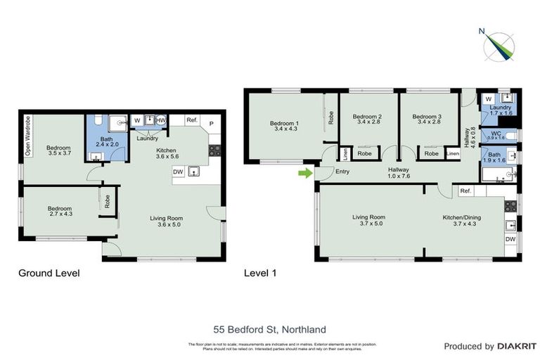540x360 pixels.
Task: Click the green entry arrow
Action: coord(304,172)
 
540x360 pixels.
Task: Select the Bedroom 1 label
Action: coord(285,127)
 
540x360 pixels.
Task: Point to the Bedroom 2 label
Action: coord(367,120)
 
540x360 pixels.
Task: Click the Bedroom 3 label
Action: coord(427,120)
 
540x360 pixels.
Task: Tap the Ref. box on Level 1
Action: coord(465,191)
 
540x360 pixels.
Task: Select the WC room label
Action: coord(496,134)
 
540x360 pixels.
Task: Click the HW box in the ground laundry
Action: coord(161,120)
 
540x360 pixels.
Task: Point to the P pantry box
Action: coord(212,122)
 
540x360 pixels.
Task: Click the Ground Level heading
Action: coord(49,273)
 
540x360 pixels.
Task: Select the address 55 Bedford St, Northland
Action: coord(270,329)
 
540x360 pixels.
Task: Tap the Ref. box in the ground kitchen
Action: coord(192,120)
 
